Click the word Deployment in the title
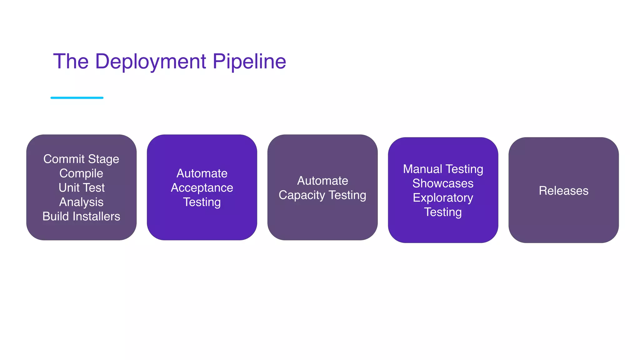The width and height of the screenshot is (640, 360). [150, 62]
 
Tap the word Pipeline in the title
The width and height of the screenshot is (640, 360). [249, 62]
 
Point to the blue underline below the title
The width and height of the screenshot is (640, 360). [77, 98]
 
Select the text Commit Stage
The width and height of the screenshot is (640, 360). [81, 159]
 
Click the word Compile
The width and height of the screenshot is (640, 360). [81, 173]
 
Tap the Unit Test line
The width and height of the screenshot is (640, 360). [82, 188]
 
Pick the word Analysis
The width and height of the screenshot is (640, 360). [81, 202]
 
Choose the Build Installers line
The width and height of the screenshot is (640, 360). [81, 216]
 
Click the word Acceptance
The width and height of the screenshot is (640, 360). [202, 188]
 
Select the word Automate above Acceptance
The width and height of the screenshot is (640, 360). [202, 173]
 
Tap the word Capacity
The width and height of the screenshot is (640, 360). [302, 195]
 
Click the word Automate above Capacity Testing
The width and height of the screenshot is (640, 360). [322, 181]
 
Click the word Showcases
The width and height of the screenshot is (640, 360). [443, 183]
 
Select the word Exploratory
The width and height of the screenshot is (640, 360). [443, 198]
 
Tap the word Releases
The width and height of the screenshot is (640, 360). [563, 191]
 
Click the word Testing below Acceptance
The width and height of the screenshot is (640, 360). [202, 202]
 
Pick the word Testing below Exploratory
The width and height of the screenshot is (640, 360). [443, 212]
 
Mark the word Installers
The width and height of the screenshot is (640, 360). [96, 216]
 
